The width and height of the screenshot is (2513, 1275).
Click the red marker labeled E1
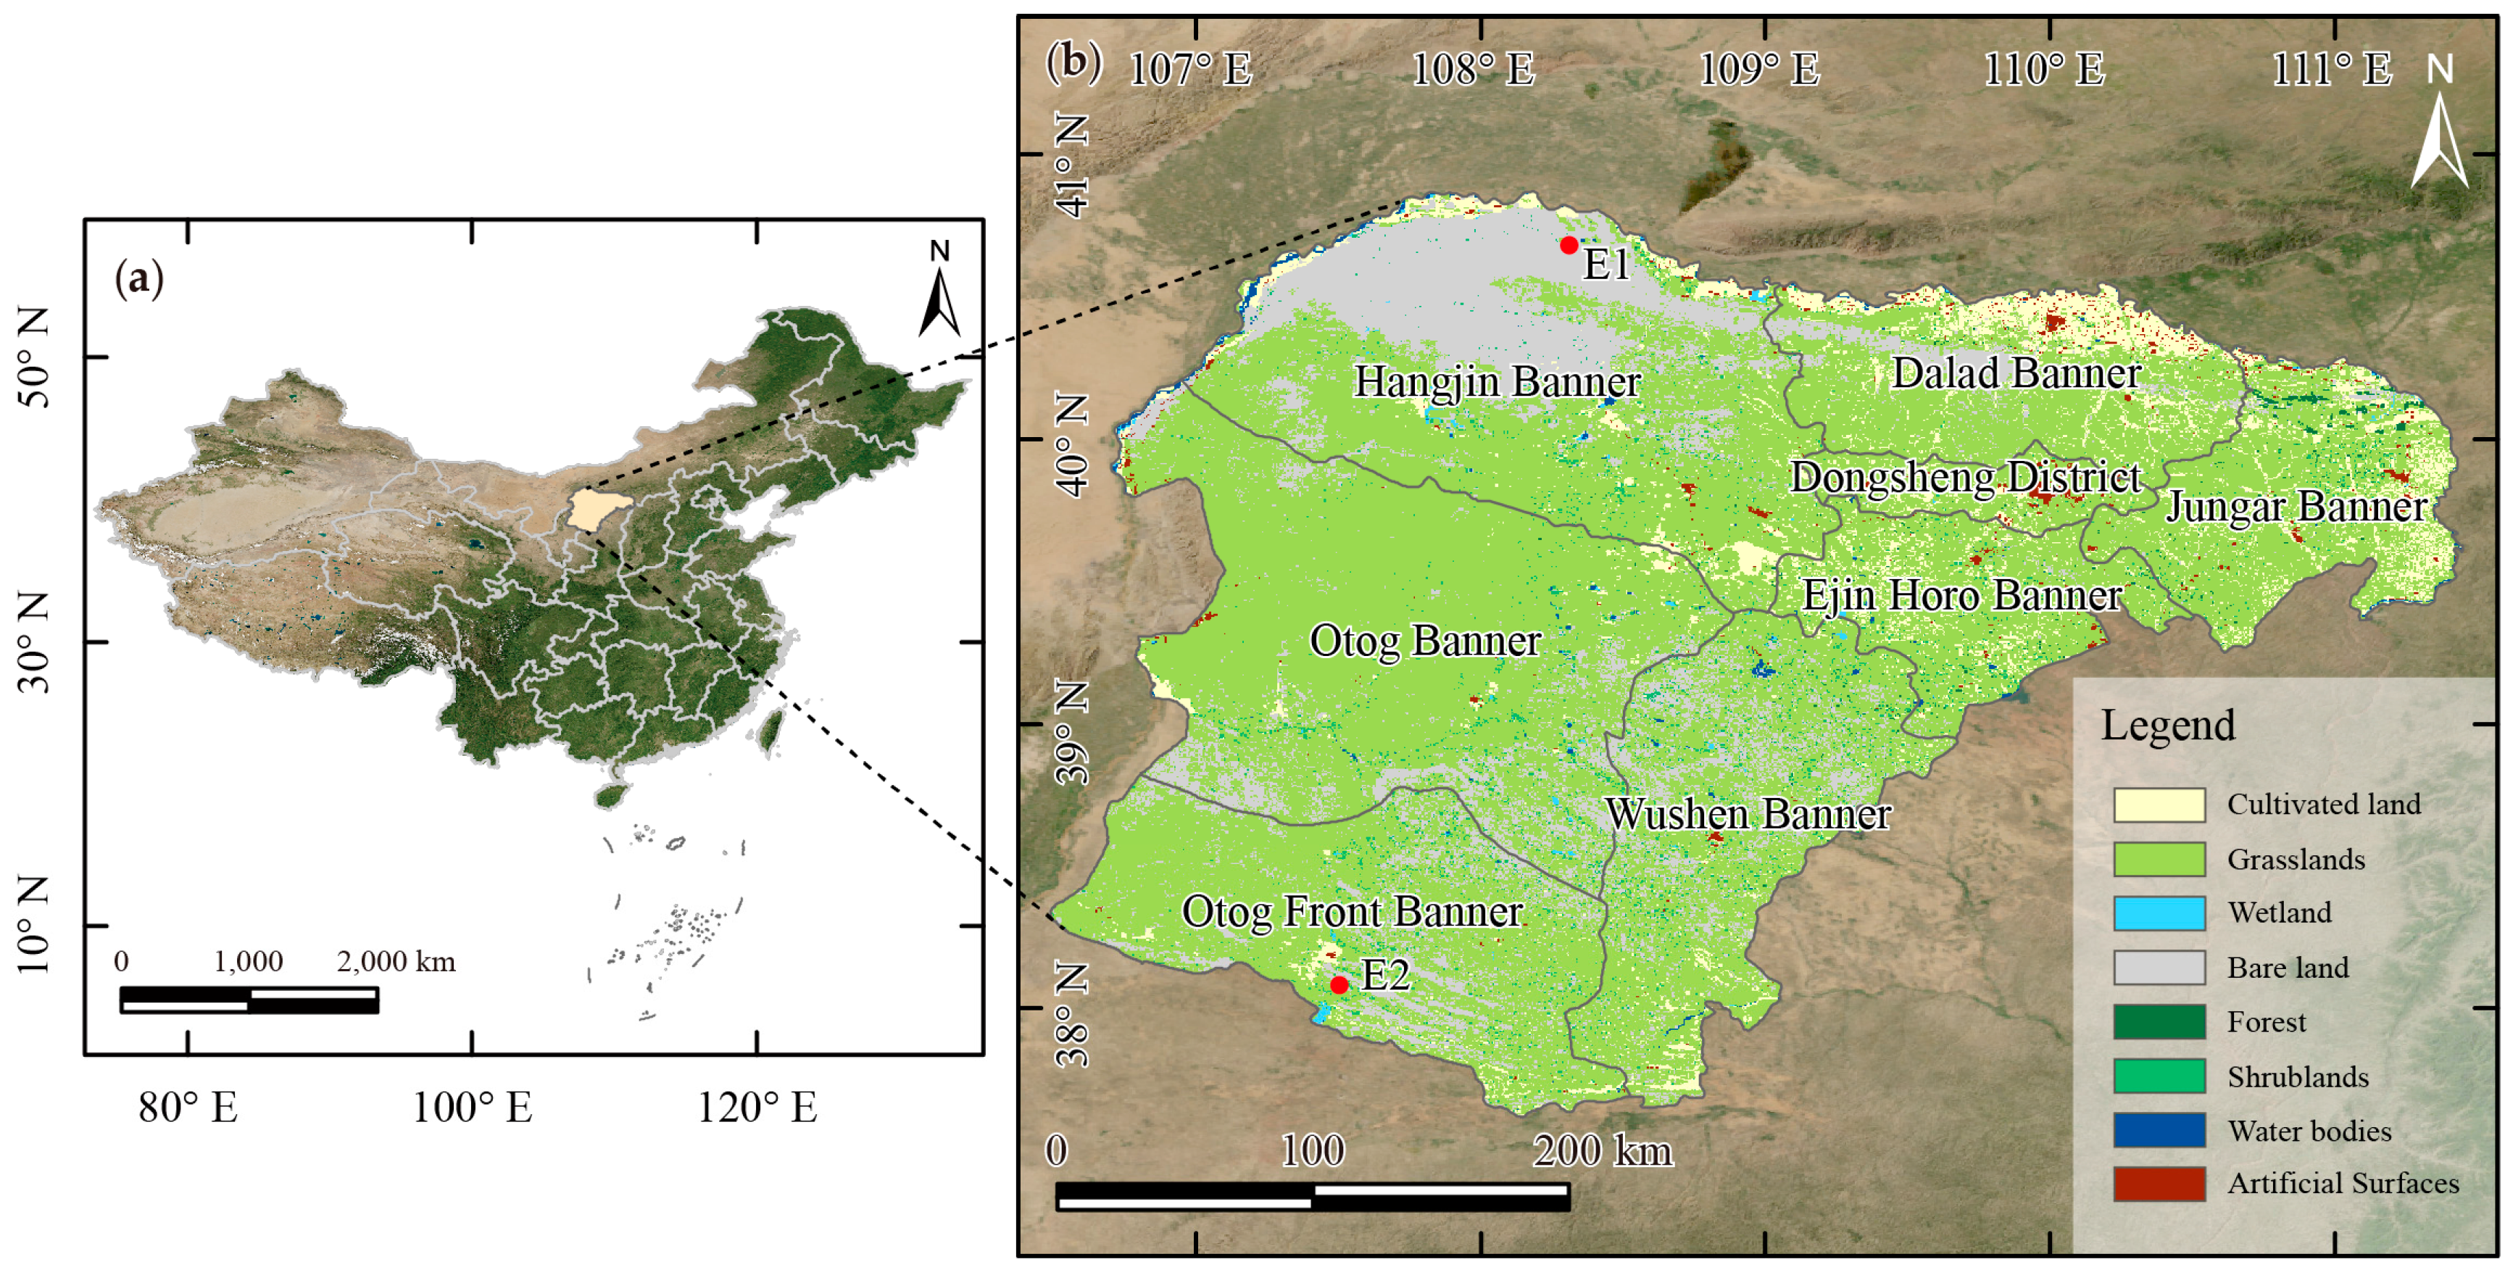click(1569, 245)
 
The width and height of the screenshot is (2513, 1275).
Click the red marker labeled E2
click(1339, 985)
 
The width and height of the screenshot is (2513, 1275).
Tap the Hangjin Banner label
click(1497, 381)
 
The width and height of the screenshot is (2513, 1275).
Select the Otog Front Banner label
click(1352, 911)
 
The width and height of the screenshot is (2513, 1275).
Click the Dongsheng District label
click(1965, 478)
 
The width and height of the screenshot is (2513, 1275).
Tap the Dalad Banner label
click(2016, 373)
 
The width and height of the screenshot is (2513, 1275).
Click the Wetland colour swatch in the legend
click(2159, 913)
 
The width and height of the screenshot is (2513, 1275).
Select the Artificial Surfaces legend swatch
click(2159, 1183)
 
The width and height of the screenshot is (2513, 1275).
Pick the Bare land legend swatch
click(2159, 968)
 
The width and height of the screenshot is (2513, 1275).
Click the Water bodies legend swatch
click(2159, 1131)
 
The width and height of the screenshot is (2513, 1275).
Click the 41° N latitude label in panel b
click(1072, 166)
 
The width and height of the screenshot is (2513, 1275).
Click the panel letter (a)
click(138, 279)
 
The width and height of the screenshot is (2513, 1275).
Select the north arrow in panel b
click(2439, 127)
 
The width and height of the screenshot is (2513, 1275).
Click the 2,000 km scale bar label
click(395, 962)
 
